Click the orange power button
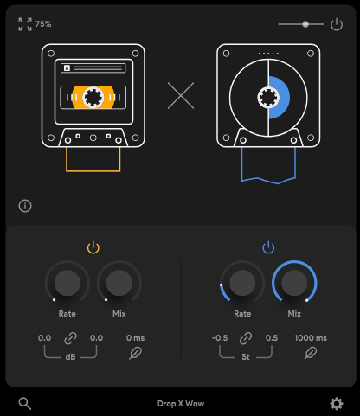(x=93, y=247)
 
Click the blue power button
(x=268, y=247)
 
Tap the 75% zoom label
(x=43, y=24)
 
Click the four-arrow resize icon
(x=25, y=24)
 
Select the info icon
(x=25, y=206)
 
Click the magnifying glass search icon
(x=25, y=404)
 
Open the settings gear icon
(x=337, y=404)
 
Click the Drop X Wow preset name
(x=181, y=404)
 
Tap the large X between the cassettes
(x=181, y=96)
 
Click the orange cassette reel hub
(x=93, y=98)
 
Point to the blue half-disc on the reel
(x=280, y=98)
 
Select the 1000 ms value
(x=311, y=338)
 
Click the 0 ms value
(x=135, y=338)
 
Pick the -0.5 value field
(x=220, y=338)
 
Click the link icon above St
(x=246, y=338)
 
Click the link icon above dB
(x=70, y=338)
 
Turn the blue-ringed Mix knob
(x=294, y=283)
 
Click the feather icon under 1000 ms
(x=311, y=353)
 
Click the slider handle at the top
(x=305, y=24)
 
